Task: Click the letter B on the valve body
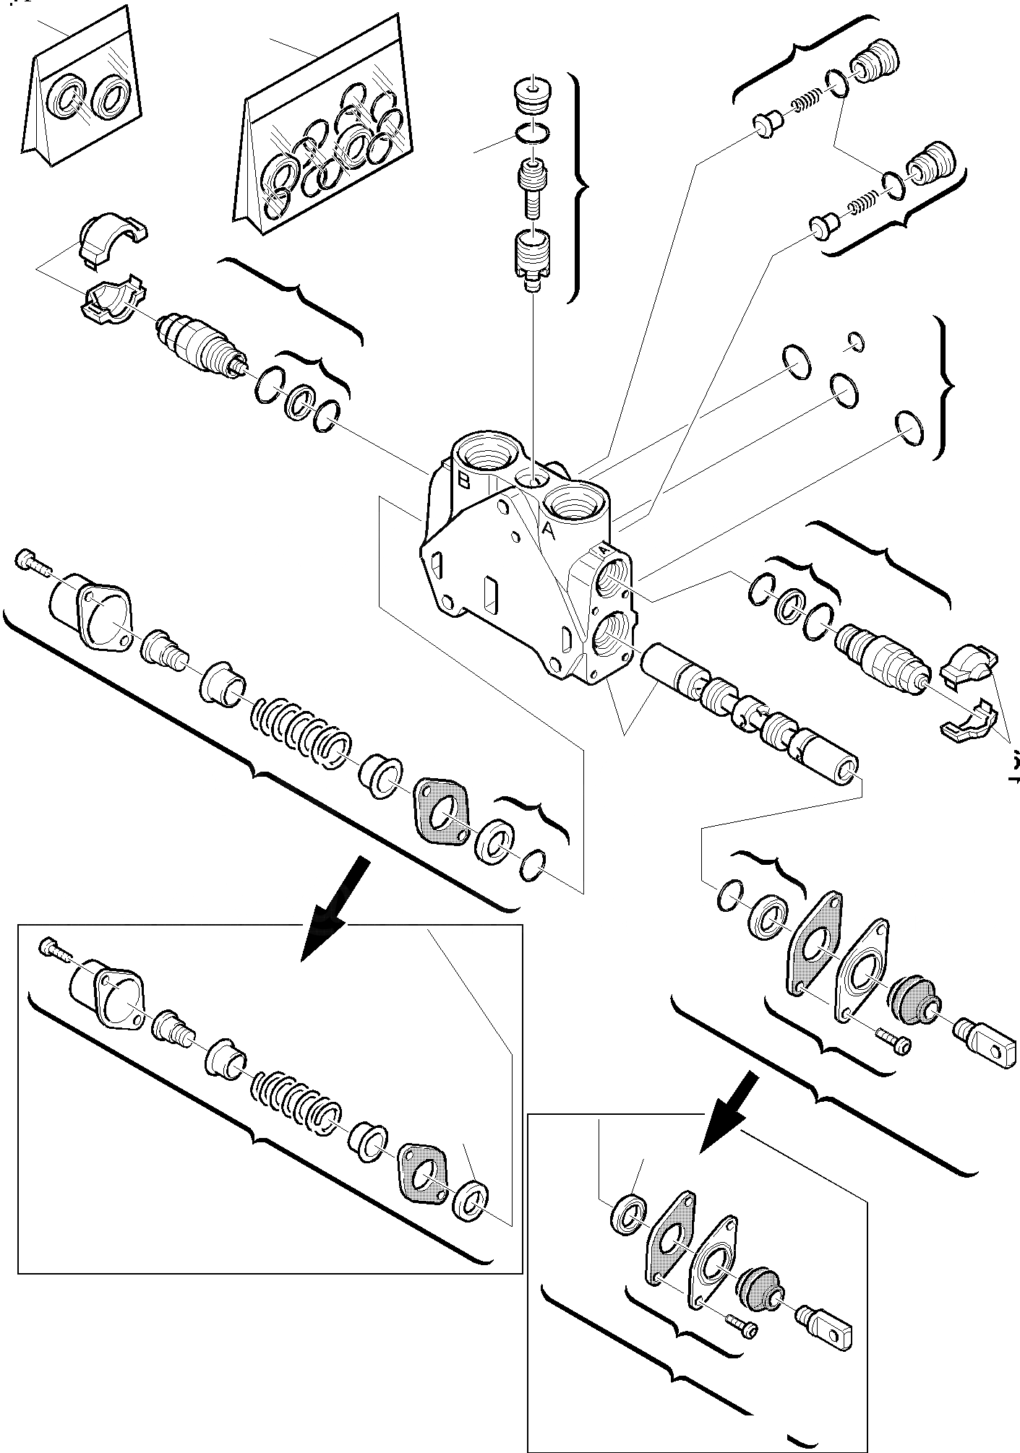pos(463,479)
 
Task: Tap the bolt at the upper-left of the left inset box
pos(53,947)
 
